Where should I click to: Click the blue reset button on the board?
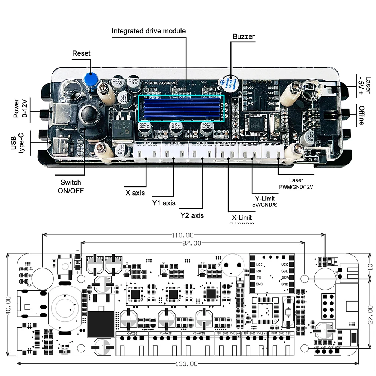[x=90, y=79]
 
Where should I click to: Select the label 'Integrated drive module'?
[x=149, y=31]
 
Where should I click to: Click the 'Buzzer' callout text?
[x=243, y=36]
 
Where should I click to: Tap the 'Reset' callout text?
[x=81, y=53]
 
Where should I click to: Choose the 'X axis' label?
[x=135, y=193]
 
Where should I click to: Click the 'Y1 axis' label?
[x=164, y=203]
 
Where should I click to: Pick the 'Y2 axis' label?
[x=192, y=215]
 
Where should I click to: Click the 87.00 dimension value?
[x=192, y=243]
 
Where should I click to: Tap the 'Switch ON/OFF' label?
[x=71, y=186]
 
